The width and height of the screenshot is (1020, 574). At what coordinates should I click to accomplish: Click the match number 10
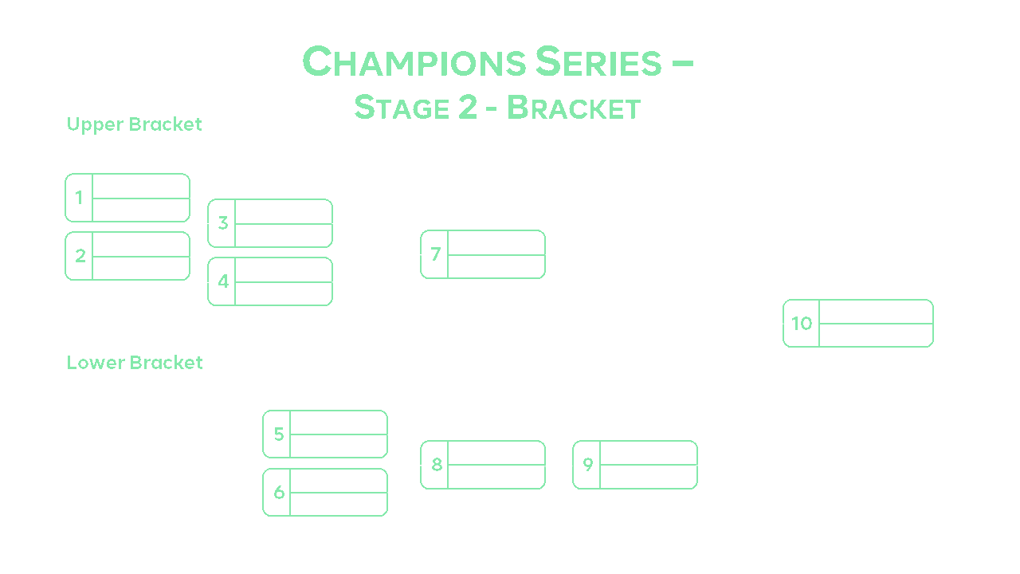pos(802,324)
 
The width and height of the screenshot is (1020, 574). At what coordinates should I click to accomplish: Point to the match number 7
pos(435,254)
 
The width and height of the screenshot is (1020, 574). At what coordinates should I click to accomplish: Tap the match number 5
pos(278,434)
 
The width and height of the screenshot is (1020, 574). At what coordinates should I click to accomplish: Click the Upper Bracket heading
pos(134,124)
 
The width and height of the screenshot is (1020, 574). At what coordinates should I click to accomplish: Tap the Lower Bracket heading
pos(134,363)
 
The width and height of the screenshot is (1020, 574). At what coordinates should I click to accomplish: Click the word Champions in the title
pos(414,61)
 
